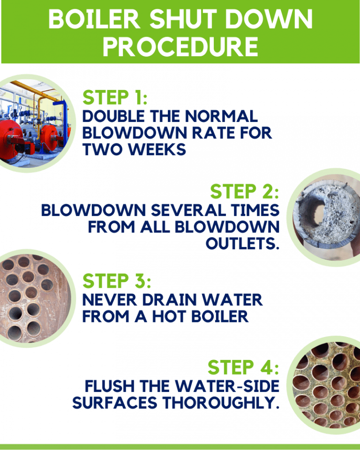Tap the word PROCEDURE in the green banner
180,46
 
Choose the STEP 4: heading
243,367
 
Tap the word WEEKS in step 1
157,150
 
